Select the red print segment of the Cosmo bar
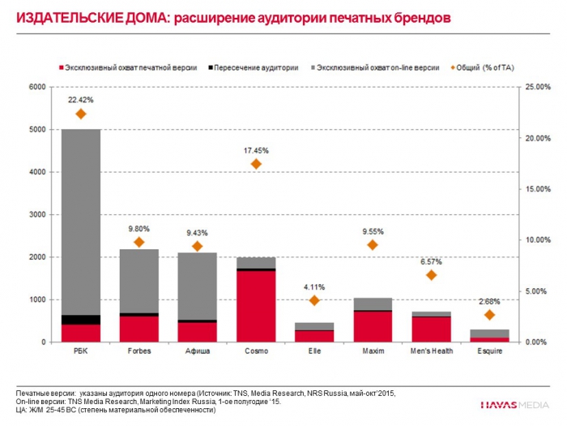(x=255, y=305)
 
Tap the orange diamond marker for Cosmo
(x=256, y=164)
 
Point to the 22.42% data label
(x=80, y=100)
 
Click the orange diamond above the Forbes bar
(x=139, y=242)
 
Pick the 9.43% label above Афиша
(x=197, y=232)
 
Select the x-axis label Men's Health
(x=431, y=352)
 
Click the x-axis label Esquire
(x=489, y=352)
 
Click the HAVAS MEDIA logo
(x=515, y=403)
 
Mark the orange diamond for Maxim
(x=373, y=245)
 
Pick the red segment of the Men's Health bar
(x=431, y=329)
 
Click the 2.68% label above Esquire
(x=489, y=301)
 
